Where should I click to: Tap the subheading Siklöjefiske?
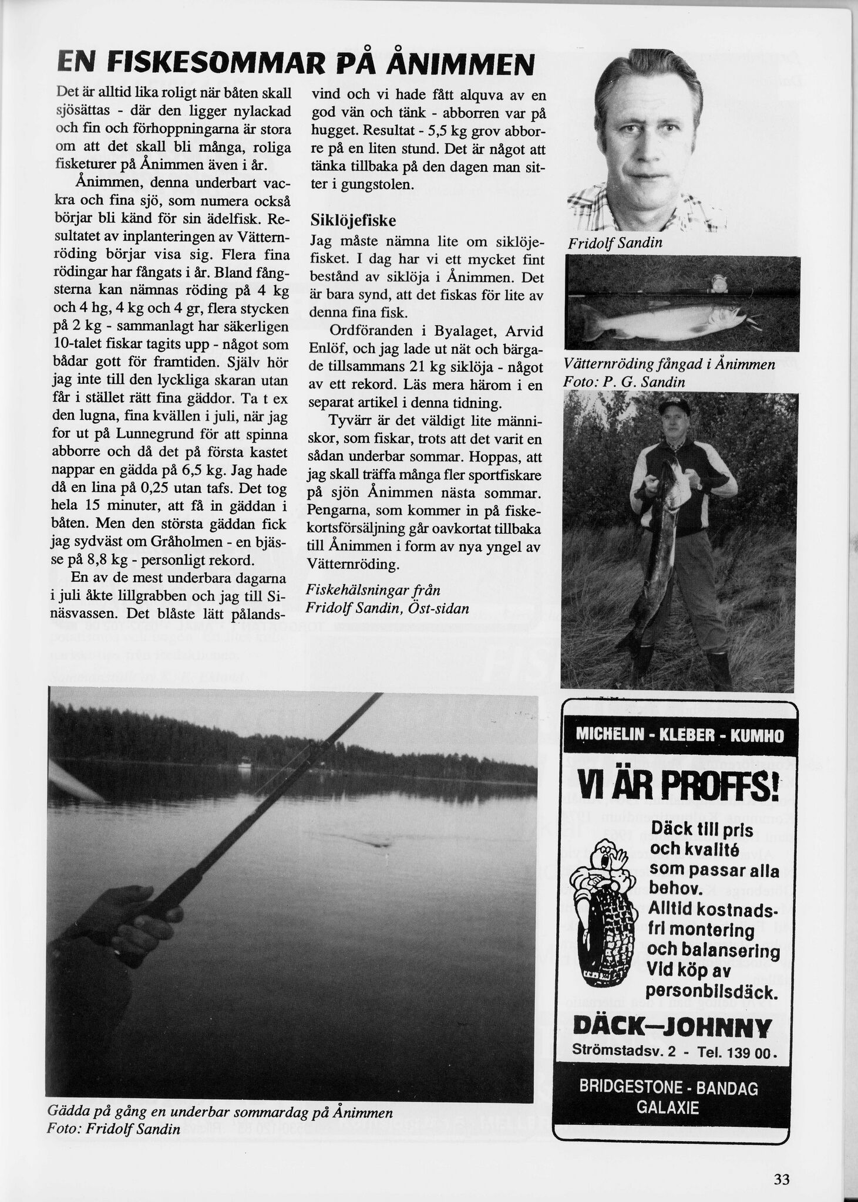coord(353,221)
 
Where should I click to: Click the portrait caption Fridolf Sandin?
coord(615,242)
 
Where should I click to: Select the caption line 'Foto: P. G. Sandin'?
coord(624,382)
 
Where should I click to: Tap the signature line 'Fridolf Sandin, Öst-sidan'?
coord(388,608)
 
